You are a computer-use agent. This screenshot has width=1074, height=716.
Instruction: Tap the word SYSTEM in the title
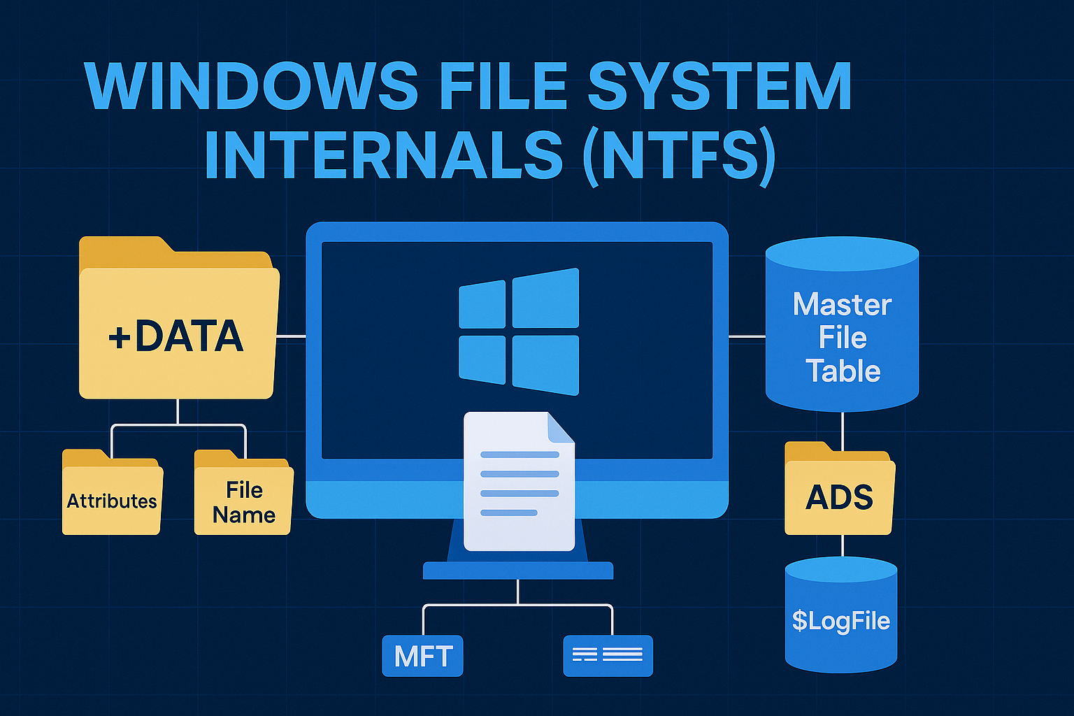(719, 87)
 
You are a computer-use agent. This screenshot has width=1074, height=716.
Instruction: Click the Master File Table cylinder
(842, 329)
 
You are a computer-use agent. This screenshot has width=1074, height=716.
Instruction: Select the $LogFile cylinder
(840, 619)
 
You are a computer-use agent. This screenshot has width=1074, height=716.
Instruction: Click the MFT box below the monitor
(422, 656)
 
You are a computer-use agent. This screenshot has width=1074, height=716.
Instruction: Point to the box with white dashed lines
(608, 656)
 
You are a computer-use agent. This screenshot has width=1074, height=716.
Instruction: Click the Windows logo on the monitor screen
(519, 331)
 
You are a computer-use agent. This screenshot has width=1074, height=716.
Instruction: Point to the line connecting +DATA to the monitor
(290, 336)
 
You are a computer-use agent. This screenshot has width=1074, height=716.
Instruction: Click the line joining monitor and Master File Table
(747, 336)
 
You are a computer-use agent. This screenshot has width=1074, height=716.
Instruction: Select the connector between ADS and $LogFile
(842, 545)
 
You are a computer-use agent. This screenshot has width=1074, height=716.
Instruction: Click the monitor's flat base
(517, 571)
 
